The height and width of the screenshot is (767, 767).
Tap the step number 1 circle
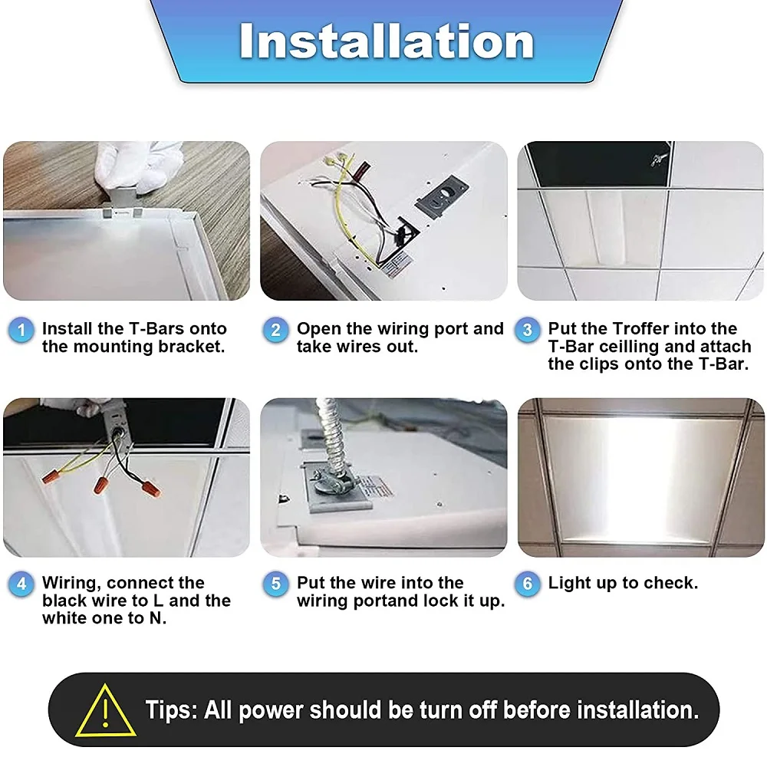(21, 331)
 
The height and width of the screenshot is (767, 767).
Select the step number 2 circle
(276, 331)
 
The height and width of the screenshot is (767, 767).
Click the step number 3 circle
(528, 331)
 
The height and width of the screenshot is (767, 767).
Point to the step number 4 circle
(21, 584)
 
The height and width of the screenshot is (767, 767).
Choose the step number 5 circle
(276, 584)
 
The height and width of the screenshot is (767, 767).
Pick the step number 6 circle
(528, 584)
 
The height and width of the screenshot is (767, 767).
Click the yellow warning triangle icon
(106, 710)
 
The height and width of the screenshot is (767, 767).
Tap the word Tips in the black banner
(170, 709)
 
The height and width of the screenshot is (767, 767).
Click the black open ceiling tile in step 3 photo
(594, 163)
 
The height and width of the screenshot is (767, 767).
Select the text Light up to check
(623, 583)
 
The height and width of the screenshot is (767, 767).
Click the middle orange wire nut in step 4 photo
(101, 485)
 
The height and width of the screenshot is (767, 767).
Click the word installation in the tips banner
(637, 709)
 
